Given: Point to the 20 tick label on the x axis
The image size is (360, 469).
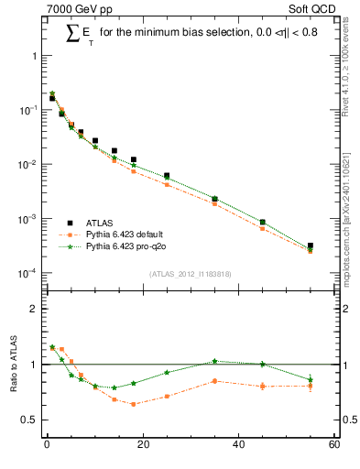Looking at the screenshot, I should (142, 446).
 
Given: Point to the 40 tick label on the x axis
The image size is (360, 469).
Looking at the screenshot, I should (238, 446).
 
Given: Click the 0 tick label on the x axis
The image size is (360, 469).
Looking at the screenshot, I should (47, 446).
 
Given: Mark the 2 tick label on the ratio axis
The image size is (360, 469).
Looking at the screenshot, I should (34, 310).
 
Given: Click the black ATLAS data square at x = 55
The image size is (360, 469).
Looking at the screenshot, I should (311, 245).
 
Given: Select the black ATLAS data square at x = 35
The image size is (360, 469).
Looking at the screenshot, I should (214, 199).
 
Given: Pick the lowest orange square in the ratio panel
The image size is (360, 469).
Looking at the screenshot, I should (134, 404).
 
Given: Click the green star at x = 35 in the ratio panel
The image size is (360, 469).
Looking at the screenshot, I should (214, 361).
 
